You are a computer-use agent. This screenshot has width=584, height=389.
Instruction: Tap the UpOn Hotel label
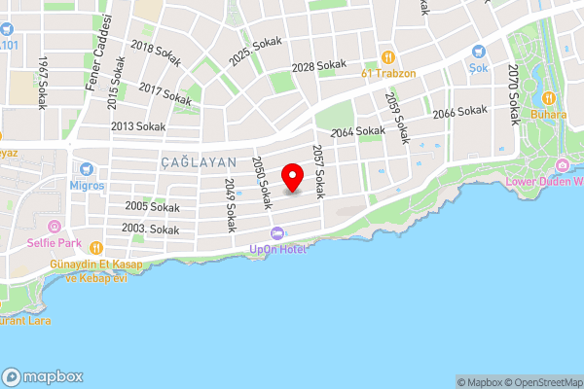278,250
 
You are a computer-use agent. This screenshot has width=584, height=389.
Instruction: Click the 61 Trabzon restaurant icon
387,57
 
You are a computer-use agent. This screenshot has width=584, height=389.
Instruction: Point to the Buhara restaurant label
548,113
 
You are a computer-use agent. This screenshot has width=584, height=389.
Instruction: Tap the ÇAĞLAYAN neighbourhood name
197,163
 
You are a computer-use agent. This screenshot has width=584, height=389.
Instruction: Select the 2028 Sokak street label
319,67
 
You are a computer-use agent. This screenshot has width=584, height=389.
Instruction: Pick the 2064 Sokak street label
357,131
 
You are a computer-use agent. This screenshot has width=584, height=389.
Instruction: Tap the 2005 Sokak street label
152,207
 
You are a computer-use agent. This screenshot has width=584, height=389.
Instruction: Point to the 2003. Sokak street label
152,230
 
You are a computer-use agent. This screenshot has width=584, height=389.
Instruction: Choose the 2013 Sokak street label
137,126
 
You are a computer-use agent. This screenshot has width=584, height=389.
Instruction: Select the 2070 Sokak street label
513,93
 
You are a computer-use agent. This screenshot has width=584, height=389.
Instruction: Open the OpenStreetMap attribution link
538,382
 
